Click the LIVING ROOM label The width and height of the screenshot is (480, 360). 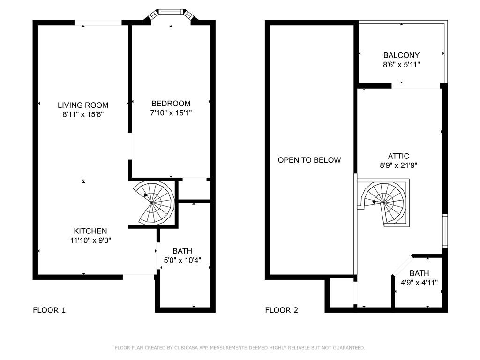tap(83, 105)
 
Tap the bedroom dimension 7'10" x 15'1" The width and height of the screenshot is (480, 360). tap(171, 113)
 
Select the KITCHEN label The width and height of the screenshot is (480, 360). tap(90, 231)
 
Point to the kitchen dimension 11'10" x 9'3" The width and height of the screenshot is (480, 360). tap(90, 240)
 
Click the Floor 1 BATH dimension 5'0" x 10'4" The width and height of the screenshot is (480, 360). tap(182, 260)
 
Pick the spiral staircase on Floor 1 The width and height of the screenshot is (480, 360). tap(154, 203)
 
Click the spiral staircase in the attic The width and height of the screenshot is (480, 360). tap(384, 202)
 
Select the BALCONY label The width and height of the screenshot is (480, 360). tap(401, 55)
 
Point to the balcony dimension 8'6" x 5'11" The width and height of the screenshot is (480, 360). tap(401, 65)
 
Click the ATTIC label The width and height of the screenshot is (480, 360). tap(398, 156)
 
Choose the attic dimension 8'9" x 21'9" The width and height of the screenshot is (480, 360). tap(398, 165)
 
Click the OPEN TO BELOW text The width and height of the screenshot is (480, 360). tap(309, 160)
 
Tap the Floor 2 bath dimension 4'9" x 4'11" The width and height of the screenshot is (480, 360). tap(419, 283)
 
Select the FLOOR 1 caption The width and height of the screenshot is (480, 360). tap(49, 310)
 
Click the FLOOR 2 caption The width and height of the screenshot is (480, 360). tap(282, 310)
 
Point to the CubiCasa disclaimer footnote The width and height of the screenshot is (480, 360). tap(240, 348)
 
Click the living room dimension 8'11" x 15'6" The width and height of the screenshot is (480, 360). tap(83, 114)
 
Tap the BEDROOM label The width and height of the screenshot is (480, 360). tap(171, 104)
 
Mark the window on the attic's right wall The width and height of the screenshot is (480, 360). tap(445, 231)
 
